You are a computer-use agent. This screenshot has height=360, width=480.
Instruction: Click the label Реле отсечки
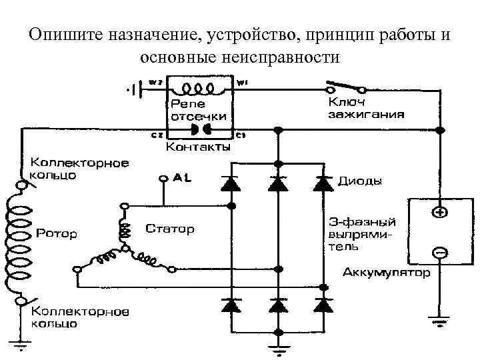coord(198,110)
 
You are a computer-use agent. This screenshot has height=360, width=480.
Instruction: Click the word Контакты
coord(197,147)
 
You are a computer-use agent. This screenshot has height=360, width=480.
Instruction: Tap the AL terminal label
coord(181,178)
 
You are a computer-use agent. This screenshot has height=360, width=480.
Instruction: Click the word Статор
coord(170,229)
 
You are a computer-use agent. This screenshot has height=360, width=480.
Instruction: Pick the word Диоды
coord(361,181)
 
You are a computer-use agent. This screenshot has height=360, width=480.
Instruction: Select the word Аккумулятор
coord(387,273)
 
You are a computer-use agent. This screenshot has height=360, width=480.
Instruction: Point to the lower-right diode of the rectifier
coord(323,305)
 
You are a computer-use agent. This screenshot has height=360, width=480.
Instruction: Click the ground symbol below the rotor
coord(21,346)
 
